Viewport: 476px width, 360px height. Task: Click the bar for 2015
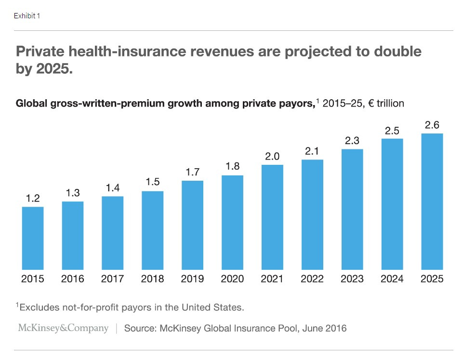33,238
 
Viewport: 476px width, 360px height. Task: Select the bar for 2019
192,225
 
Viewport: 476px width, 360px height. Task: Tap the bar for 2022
312,214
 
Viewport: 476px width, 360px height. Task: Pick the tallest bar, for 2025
432,201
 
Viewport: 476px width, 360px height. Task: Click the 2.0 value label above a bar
272,156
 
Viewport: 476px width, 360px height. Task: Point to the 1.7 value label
192,172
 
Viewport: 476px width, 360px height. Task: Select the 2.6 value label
432,125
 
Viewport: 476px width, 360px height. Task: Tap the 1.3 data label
73,193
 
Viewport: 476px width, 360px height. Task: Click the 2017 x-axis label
113,279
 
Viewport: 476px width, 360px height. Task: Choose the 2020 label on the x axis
232,279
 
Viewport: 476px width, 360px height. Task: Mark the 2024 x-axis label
392,279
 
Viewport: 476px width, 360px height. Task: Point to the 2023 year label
352,279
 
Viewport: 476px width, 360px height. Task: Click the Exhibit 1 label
27,16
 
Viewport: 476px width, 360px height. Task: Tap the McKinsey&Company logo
63,328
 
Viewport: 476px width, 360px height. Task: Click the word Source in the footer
139,329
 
